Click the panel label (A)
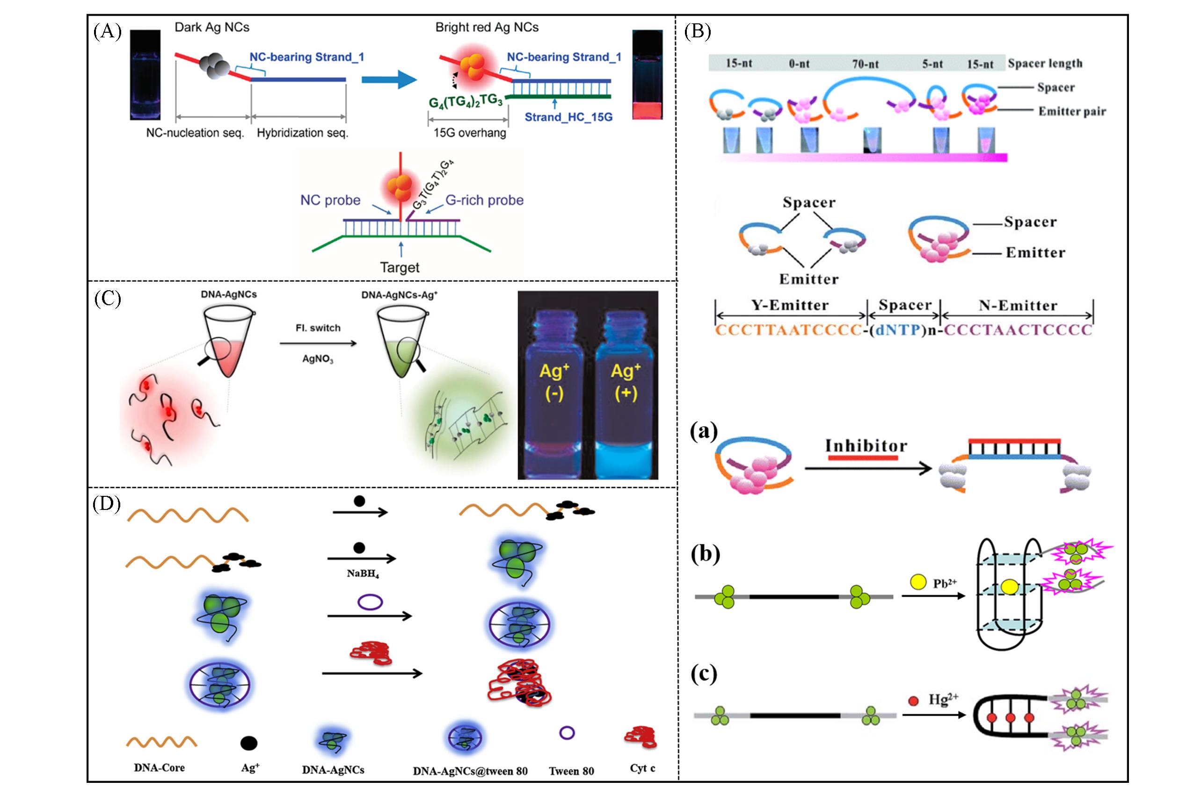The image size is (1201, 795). (x=108, y=32)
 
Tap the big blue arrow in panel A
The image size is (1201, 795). (x=389, y=79)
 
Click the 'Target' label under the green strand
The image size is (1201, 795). (x=400, y=267)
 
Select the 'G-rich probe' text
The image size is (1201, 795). (x=484, y=201)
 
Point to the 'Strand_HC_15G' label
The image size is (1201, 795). (x=568, y=117)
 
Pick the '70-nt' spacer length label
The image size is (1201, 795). (x=865, y=64)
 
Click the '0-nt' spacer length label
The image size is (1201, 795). (x=799, y=64)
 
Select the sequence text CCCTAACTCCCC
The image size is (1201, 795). (x=1017, y=330)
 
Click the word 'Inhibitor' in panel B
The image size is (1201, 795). (x=866, y=446)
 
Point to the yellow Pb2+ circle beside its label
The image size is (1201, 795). (x=918, y=582)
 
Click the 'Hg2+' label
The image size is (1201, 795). (x=943, y=700)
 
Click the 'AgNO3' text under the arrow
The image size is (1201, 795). (x=318, y=359)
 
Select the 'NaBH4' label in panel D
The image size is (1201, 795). (x=362, y=573)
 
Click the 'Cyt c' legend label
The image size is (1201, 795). (x=642, y=768)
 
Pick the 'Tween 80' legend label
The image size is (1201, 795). (x=571, y=771)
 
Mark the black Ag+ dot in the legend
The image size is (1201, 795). (x=248, y=743)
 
